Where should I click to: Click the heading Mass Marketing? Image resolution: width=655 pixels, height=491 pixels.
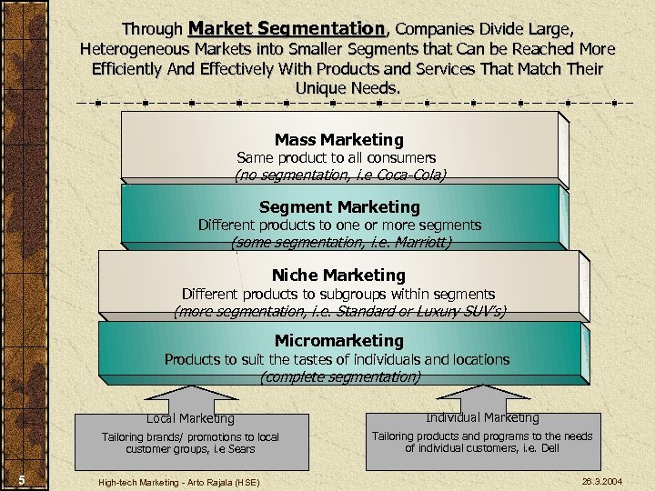pos(338,140)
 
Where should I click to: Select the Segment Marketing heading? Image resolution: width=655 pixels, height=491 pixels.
pos(339,207)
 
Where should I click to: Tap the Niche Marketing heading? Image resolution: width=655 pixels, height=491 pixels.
pos(338,276)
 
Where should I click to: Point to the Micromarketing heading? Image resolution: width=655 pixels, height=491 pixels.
pos(338,341)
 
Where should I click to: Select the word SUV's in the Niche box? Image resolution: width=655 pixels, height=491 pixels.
pos(481,311)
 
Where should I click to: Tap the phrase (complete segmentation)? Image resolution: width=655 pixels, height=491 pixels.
pos(339,376)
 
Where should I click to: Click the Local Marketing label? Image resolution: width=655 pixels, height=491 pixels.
pos(190,419)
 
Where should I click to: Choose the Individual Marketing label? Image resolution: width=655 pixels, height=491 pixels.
pos(482,418)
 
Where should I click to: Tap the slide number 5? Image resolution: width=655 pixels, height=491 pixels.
pos(20,481)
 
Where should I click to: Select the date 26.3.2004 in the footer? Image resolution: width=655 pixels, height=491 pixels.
pos(601,480)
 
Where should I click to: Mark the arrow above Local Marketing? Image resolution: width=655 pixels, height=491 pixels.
pos(191,397)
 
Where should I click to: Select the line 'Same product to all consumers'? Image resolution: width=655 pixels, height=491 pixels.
pos(336,158)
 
